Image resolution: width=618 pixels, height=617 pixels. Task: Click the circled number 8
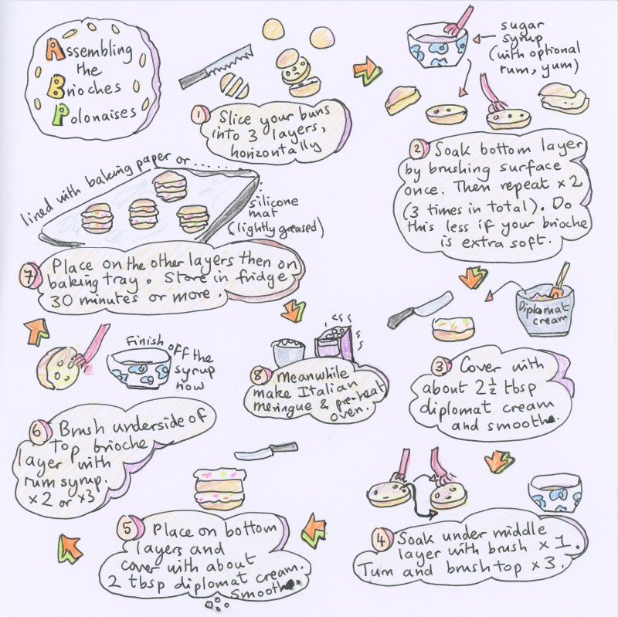tap(264, 376)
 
